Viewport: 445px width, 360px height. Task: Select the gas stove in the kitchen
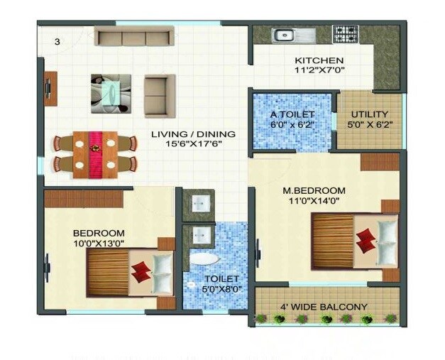[x=346, y=33]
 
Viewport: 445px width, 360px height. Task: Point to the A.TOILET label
[x=292, y=114]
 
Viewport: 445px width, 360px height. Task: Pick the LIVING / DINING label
[x=193, y=133]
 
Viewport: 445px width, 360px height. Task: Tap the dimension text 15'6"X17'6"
[x=193, y=143]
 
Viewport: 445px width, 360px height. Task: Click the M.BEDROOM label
[x=314, y=190]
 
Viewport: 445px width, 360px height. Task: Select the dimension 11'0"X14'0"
[x=314, y=200]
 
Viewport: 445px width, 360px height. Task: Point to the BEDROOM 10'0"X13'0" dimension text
[x=99, y=243]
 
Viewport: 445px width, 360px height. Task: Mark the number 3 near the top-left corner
[x=57, y=41]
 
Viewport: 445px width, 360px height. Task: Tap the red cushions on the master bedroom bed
[x=366, y=240]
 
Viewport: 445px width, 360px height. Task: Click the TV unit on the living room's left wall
[x=50, y=89]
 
